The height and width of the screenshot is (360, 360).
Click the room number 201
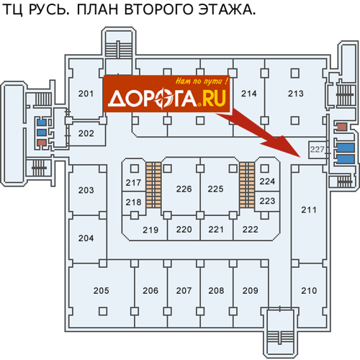coord(86,94)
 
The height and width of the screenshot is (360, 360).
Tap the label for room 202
coord(86,133)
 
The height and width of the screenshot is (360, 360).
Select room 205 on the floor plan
coord(101,291)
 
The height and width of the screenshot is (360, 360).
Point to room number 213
coord(296,94)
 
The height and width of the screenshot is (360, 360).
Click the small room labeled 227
coord(318,150)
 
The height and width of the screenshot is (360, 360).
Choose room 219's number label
coord(150,230)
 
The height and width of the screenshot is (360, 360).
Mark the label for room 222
coord(250,230)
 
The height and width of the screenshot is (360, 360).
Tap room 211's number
coord(309,210)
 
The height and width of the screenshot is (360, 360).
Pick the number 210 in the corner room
coord(309,291)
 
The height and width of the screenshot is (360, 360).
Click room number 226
coord(184,189)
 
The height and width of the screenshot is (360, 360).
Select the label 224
coord(267,181)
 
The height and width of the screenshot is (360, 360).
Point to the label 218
coord(133,202)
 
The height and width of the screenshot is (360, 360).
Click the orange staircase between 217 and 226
coord(153,185)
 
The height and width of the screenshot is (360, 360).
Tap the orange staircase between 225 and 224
coord(247,185)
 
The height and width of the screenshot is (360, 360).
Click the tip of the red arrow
coord(301,157)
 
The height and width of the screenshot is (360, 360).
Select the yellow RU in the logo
coord(214,98)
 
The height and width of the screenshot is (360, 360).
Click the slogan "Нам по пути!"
coord(202,81)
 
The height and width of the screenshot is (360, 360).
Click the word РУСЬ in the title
coord(48,10)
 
